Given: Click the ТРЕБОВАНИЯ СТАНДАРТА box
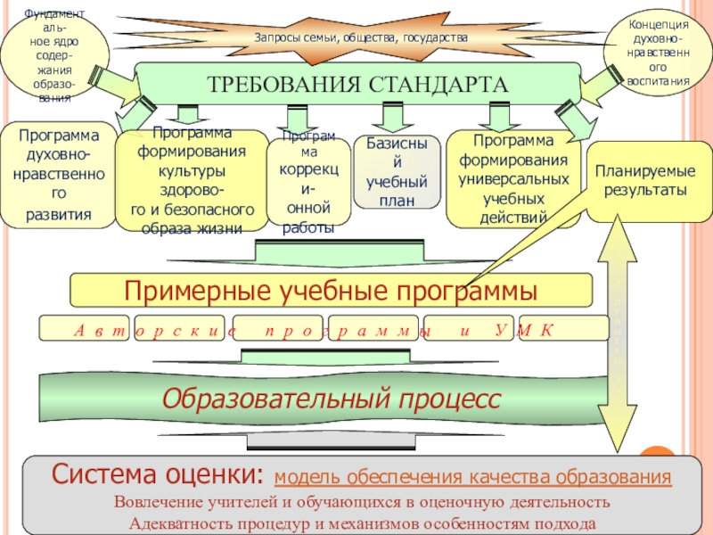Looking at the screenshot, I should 356,84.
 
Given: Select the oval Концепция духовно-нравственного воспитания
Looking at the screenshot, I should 658,53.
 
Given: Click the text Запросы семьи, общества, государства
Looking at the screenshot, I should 360,38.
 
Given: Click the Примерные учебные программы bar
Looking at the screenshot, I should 331,290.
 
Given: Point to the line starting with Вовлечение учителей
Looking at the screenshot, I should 361,501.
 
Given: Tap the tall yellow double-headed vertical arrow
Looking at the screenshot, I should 614,339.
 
